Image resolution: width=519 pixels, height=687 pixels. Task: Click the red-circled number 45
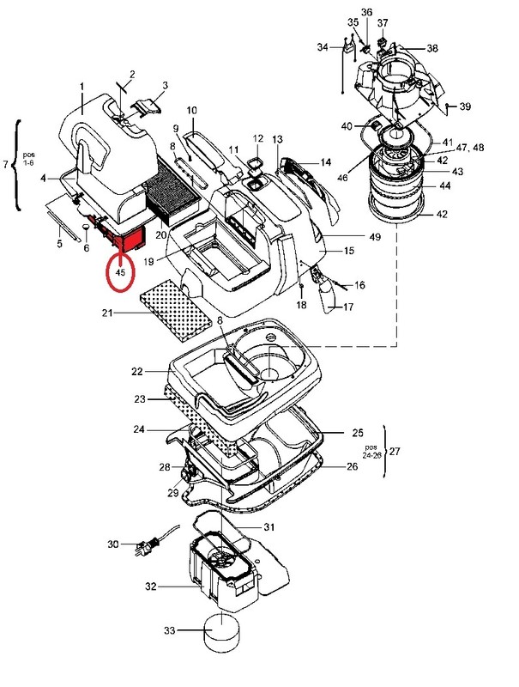coord(120,272)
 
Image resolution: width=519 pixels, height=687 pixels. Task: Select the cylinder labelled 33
coord(222,632)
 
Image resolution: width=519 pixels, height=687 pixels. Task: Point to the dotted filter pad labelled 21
coord(176,311)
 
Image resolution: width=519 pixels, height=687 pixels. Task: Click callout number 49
coord(375,237)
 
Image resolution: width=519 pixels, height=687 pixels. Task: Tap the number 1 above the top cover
coord(81,88)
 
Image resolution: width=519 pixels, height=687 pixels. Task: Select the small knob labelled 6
coord(86,228)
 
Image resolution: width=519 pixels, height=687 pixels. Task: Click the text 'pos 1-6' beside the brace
coord(30,159)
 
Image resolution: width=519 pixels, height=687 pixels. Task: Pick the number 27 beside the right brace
coord(395,451)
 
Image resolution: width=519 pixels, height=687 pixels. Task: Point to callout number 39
coord(465,106)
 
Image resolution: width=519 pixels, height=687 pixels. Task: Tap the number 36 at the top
coord(366,12)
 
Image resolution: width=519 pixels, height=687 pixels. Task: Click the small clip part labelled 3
coord(145,106)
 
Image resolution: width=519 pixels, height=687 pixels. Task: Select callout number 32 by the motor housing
coord(150,587)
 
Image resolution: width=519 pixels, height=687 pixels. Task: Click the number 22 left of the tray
coord(137,372)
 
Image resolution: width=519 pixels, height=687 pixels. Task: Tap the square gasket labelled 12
coord(255,164)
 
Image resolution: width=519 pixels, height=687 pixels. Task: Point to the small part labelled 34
coord(350,47)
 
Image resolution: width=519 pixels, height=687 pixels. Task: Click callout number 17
coord(348,307)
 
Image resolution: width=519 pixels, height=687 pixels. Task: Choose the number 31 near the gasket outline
coord(269,527)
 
